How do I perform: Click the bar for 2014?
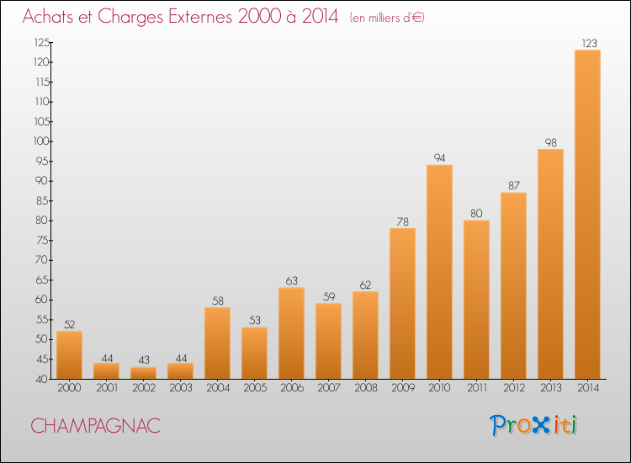click(x=587, y=215)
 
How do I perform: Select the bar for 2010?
click(x=439, y=272)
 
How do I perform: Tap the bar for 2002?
click(x=143, y=373)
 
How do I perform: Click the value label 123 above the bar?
click(x=587, y=42)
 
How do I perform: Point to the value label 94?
click(x=439, y=157)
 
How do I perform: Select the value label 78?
click(x=402, y=221)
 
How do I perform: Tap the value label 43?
click(x=143, y=359)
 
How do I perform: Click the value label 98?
click(x=550, y=141)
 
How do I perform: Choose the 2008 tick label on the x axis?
click(x=365, y=388)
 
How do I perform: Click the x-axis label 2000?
click(x=69, y=388)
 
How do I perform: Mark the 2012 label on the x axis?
click(x=513, y=388)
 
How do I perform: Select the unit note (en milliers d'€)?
click(x=386, y=18)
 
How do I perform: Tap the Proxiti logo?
click(x=533, y=425)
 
